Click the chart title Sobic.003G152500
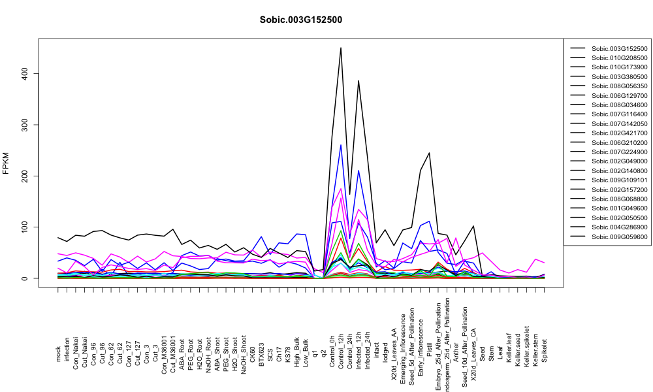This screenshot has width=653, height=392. coord(300,20)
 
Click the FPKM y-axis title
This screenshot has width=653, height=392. coord(6,163)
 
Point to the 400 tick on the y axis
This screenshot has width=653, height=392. coord(25,73)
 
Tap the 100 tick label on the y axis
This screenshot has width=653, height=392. coord(25,227)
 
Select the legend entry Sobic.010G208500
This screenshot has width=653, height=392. coord(619,58)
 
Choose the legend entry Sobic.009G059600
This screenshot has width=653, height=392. coord(619,237)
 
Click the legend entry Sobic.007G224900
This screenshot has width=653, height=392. coord(619,152)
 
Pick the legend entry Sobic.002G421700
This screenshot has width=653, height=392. coord(619,133)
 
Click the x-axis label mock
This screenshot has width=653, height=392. coord(58,354)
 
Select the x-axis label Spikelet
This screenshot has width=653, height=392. coord(545,350)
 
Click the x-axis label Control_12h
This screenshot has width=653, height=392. coord(341,340)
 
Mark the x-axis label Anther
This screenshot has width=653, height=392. coord(456,352)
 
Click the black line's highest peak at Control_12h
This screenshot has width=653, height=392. coord(341,48)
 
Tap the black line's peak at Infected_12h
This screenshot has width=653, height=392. coord(358,81)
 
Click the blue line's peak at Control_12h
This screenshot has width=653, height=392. coord(341,145)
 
